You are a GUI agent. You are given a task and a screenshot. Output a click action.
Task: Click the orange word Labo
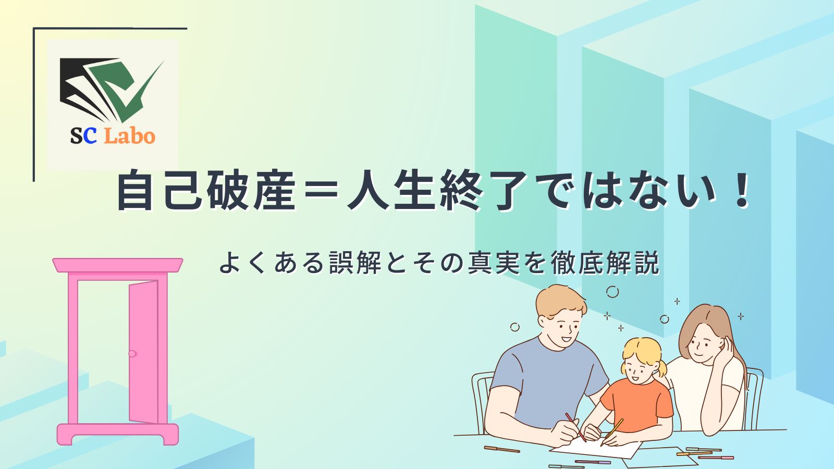[130, 136]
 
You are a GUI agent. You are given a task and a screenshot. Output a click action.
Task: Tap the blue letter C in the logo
[90, 136]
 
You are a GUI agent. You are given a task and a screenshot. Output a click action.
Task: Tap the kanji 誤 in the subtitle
[342, 263]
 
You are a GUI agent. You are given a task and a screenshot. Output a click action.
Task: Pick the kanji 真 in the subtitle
[480, 263]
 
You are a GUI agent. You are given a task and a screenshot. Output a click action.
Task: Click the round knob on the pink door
[132, 354]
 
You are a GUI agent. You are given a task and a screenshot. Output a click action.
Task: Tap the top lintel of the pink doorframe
[118, 265]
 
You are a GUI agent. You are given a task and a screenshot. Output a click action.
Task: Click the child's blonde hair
[641, 354]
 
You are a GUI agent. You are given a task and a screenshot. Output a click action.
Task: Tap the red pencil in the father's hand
[575, 427]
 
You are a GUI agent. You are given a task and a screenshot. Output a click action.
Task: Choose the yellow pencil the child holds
[612, 433]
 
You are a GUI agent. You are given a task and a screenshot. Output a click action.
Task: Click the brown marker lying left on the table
[502, 449]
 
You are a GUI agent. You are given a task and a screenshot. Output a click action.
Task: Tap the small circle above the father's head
[612, 292]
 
